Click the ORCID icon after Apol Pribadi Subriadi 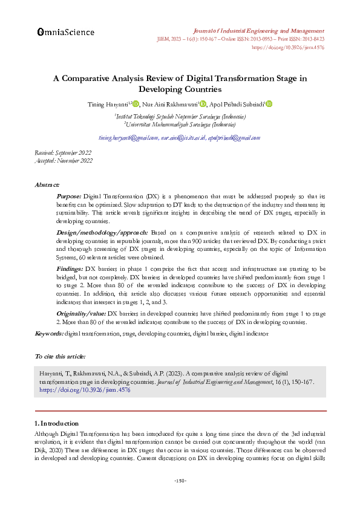click(269, 104)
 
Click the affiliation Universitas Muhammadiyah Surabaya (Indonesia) click(180, 124)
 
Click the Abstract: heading click(47, 184)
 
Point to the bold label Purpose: click(69, 197)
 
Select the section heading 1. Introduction click(56, 423)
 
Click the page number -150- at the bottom click(180, 481)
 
